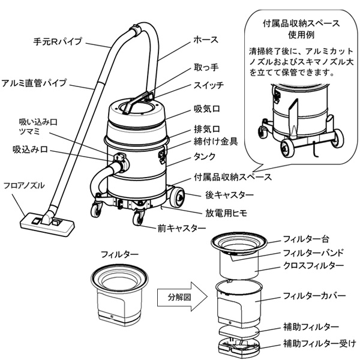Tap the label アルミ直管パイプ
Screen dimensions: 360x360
tap(34, 82)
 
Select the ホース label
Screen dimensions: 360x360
tap(206, 40)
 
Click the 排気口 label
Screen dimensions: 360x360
tap(206, 129)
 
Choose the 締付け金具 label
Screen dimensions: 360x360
tap(217, 142)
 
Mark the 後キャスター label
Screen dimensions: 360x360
tap(229, 195)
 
